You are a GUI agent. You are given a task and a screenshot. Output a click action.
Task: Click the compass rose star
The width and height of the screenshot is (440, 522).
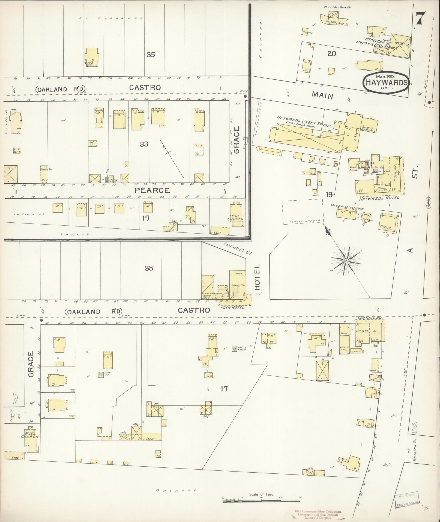pos(346,261)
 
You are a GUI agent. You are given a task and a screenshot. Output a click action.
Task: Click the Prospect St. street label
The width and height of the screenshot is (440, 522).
pos(238,249)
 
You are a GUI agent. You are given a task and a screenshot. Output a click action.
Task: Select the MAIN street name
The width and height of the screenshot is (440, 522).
pos(323,96)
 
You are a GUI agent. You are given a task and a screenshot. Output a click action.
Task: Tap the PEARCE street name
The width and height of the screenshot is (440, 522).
pos(152,190)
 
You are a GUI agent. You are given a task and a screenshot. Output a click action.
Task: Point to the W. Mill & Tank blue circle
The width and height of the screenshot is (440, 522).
pos(234,349)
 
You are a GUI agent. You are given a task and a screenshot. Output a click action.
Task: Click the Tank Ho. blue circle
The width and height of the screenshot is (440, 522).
pos(101,375)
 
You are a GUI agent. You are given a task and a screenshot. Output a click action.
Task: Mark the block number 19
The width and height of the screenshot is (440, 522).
pos(329,195)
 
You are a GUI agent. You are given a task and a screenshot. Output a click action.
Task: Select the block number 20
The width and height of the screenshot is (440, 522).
pos(331,54)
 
